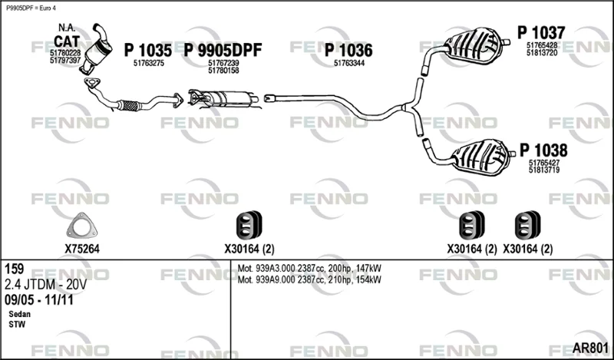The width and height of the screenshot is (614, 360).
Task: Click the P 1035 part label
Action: pos(147,50)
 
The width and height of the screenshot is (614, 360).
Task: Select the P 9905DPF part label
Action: pos(223,50)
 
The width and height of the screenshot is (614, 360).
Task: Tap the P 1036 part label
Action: pos(348,50)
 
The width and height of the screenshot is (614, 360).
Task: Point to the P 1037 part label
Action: pos(541,32)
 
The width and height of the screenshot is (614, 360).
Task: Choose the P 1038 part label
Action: pos(543,150)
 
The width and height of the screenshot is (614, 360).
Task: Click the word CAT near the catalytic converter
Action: pos(67,41)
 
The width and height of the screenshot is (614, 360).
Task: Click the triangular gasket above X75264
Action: pos(81,225)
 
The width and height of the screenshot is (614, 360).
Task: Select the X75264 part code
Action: pos(82,249)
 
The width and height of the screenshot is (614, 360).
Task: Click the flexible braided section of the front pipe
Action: pos(129,105)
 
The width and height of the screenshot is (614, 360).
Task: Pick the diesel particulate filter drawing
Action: pos(223,98)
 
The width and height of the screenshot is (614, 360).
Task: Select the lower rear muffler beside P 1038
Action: pos(482,157)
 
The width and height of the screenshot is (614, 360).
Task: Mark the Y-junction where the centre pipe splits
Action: pos(408,107)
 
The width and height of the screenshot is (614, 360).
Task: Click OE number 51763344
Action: pos(349,63)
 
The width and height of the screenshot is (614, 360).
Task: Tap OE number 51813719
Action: pos(544,170)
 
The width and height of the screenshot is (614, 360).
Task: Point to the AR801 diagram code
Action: pos(590,348)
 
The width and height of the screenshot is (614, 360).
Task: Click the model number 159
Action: pos(14,269)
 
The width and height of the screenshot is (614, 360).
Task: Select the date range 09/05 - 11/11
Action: pos(39,300)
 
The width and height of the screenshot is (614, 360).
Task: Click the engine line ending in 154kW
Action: pos(309,279)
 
